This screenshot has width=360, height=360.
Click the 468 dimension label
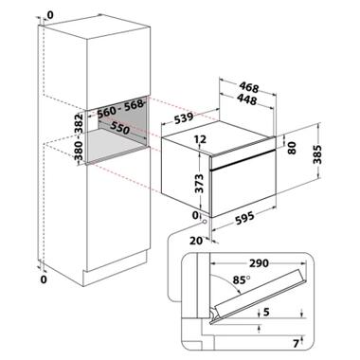point(249,87)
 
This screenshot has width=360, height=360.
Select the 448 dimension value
point(246,99)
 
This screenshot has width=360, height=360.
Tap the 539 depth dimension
point(183,118)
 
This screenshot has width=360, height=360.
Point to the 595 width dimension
point(244,218)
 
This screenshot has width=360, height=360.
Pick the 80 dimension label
point(293,148)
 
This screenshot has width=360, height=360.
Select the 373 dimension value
point(200,184)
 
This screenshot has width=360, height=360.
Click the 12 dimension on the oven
point(200,139)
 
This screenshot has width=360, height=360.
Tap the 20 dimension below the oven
point(196,241)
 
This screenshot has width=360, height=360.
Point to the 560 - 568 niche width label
point(121,109)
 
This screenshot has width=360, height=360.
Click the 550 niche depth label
point(119,128)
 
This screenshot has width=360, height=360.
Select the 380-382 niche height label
point(79,136)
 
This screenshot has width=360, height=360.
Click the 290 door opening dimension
point(259,262)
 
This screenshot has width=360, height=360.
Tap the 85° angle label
point(242,279)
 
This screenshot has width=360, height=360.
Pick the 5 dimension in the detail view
point(266,312)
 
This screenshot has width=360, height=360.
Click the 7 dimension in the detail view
point(296,343)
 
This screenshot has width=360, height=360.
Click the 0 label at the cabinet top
point(50,14)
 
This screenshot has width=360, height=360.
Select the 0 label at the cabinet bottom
point(44,279)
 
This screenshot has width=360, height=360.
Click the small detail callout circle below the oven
point(205,222)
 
